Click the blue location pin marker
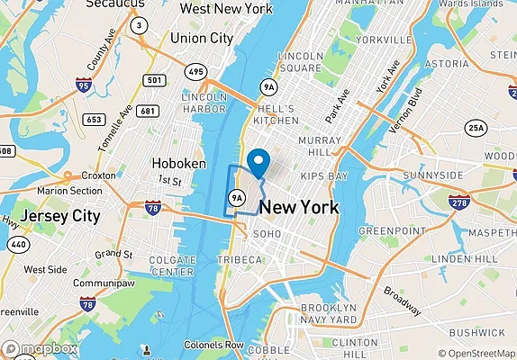[x=258, y=164]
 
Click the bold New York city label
[x=299, y=208]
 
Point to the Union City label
[x=201, y=39]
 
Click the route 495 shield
[x=195, y=69]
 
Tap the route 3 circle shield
[x=139, y=25]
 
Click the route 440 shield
[x=17, y=243]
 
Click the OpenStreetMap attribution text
[x=476, y=352]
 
